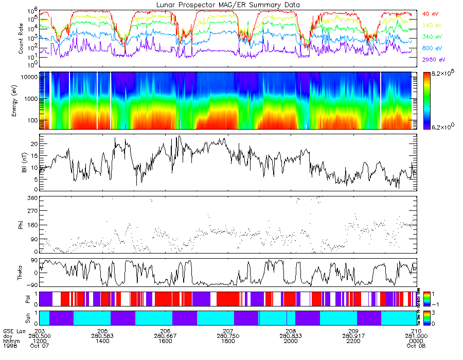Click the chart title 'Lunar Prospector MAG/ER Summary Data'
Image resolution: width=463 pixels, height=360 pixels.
pyautogui.click(x=228, y=5)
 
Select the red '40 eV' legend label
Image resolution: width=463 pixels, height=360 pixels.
pyautogui.click(x=431, y=14)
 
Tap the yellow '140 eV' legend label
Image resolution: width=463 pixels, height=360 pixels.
pyautogui.click(x=432, y=25)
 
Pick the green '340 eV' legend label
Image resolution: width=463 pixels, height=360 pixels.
pyautogui.click(x=432, y=37)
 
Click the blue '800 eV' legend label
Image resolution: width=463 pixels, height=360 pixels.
pyautogui.click(x=432, y=48)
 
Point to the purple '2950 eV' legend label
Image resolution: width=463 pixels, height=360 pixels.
pyautogui.click(x=434, y=60)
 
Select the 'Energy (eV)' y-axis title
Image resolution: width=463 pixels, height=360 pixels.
pyautogui.click(x=21, y=100)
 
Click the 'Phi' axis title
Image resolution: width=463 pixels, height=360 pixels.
pyautogui.click(x=21, y=225)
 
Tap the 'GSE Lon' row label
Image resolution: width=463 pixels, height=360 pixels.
pyautogui.click(x=12, y=331)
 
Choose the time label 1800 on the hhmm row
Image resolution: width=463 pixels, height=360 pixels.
pyautogui.click(x=227, y=341)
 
